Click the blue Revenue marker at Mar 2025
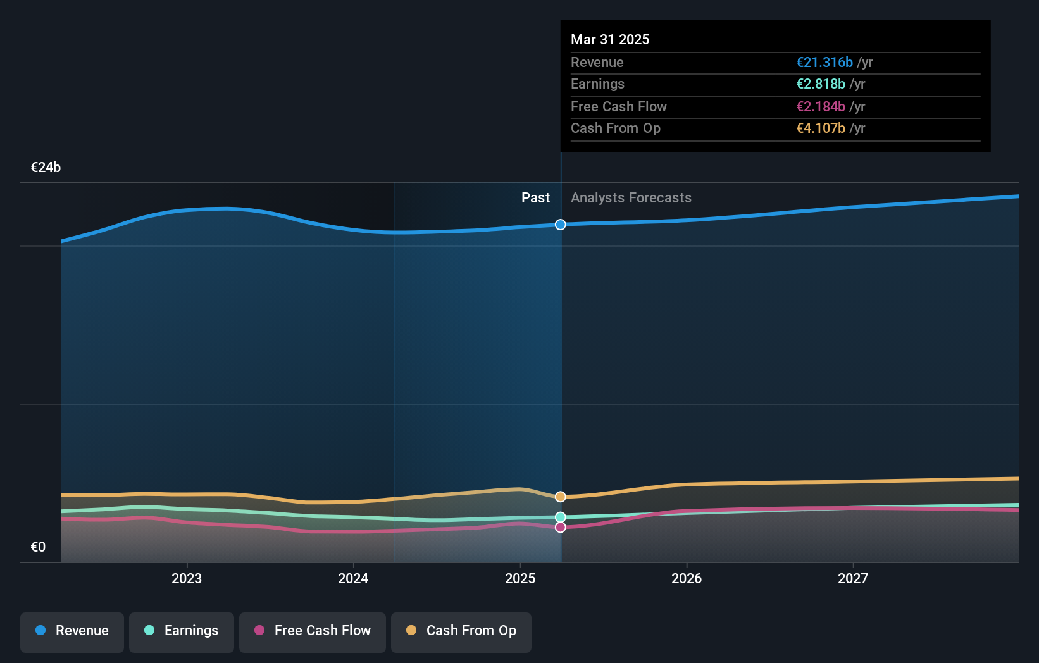(x=561, y=225)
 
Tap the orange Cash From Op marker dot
(x=561, y=497)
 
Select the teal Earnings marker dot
(x=561, y=517)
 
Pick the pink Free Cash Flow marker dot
(x=561, y=527)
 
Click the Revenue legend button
(x=72, y=631)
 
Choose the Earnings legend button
(x=182, y=631)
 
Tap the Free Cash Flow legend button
(x=313, y=631)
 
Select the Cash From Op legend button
(x=461, y=631)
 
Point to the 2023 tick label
(x=187, y=578)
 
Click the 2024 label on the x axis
(x=353, y=578)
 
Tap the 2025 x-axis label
(x=520, y=578)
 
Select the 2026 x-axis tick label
(x=687, y=578)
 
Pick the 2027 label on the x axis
(x=853, y=578)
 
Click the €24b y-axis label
(x=46, y=168)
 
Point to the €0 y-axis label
(x=39, y=547)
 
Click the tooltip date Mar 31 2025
(x=610, y=39)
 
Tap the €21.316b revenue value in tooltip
(x=824, y=63)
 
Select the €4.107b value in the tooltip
(x=821, y=128)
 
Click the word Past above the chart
(x=535, y=198)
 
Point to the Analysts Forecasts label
(x=631, y=198)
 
